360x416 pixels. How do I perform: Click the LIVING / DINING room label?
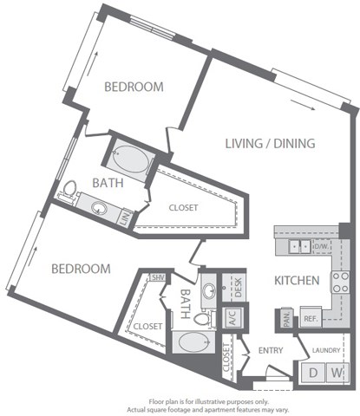point(270,143)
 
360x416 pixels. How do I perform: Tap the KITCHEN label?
point(297,281)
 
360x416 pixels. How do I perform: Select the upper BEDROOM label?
point(134,87)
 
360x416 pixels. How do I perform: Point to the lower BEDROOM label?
point(81,269)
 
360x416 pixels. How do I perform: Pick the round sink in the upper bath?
point(99,209)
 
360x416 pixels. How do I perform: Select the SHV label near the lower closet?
point(158,277)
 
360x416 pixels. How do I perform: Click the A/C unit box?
point(232,317)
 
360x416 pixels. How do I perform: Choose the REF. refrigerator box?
point(310,318)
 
